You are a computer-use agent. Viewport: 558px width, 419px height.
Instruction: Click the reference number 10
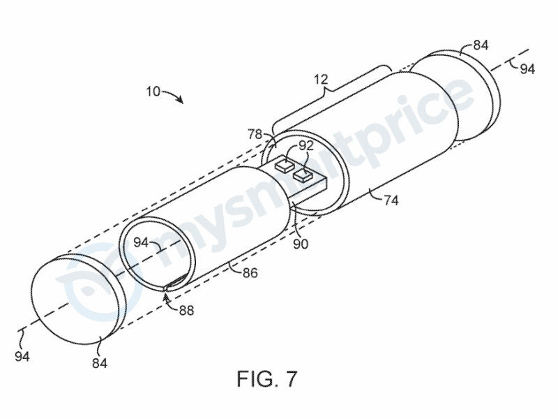(153, 92)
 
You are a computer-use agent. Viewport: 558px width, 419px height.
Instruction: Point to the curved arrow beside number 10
(174, 95)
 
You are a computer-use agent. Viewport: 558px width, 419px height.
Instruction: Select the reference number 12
(321, 80)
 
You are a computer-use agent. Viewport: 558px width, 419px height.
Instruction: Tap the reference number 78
(255, 135)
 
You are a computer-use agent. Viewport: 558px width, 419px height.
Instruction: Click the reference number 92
(306, 147)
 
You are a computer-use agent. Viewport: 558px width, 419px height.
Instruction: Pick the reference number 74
(391, 200)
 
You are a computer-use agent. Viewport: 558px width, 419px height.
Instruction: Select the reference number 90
(301, 244)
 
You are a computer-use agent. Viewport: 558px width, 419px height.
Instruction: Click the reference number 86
(250, 273)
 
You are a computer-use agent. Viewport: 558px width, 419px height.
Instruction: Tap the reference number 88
(186, 311)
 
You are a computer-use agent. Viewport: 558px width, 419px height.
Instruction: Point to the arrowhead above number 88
(165, 295)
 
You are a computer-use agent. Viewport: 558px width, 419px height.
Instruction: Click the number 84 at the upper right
(481, 45)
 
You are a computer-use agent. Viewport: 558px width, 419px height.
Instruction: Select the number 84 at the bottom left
(100, 363)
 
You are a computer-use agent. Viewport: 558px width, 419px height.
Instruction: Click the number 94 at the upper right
(527, 68)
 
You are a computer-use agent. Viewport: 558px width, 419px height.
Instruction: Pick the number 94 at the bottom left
(22, 356)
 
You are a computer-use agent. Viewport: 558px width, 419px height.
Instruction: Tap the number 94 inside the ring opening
(142, 242)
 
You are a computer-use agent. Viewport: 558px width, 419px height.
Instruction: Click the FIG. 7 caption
(267, 378)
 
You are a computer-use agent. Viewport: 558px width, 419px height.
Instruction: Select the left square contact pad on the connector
(284, 165)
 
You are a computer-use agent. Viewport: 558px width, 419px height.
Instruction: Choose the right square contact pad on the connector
(303, 175)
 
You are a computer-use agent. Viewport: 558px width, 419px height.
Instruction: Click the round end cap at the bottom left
(79, 300)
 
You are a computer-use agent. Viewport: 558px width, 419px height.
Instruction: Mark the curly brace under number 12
(331, 92)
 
